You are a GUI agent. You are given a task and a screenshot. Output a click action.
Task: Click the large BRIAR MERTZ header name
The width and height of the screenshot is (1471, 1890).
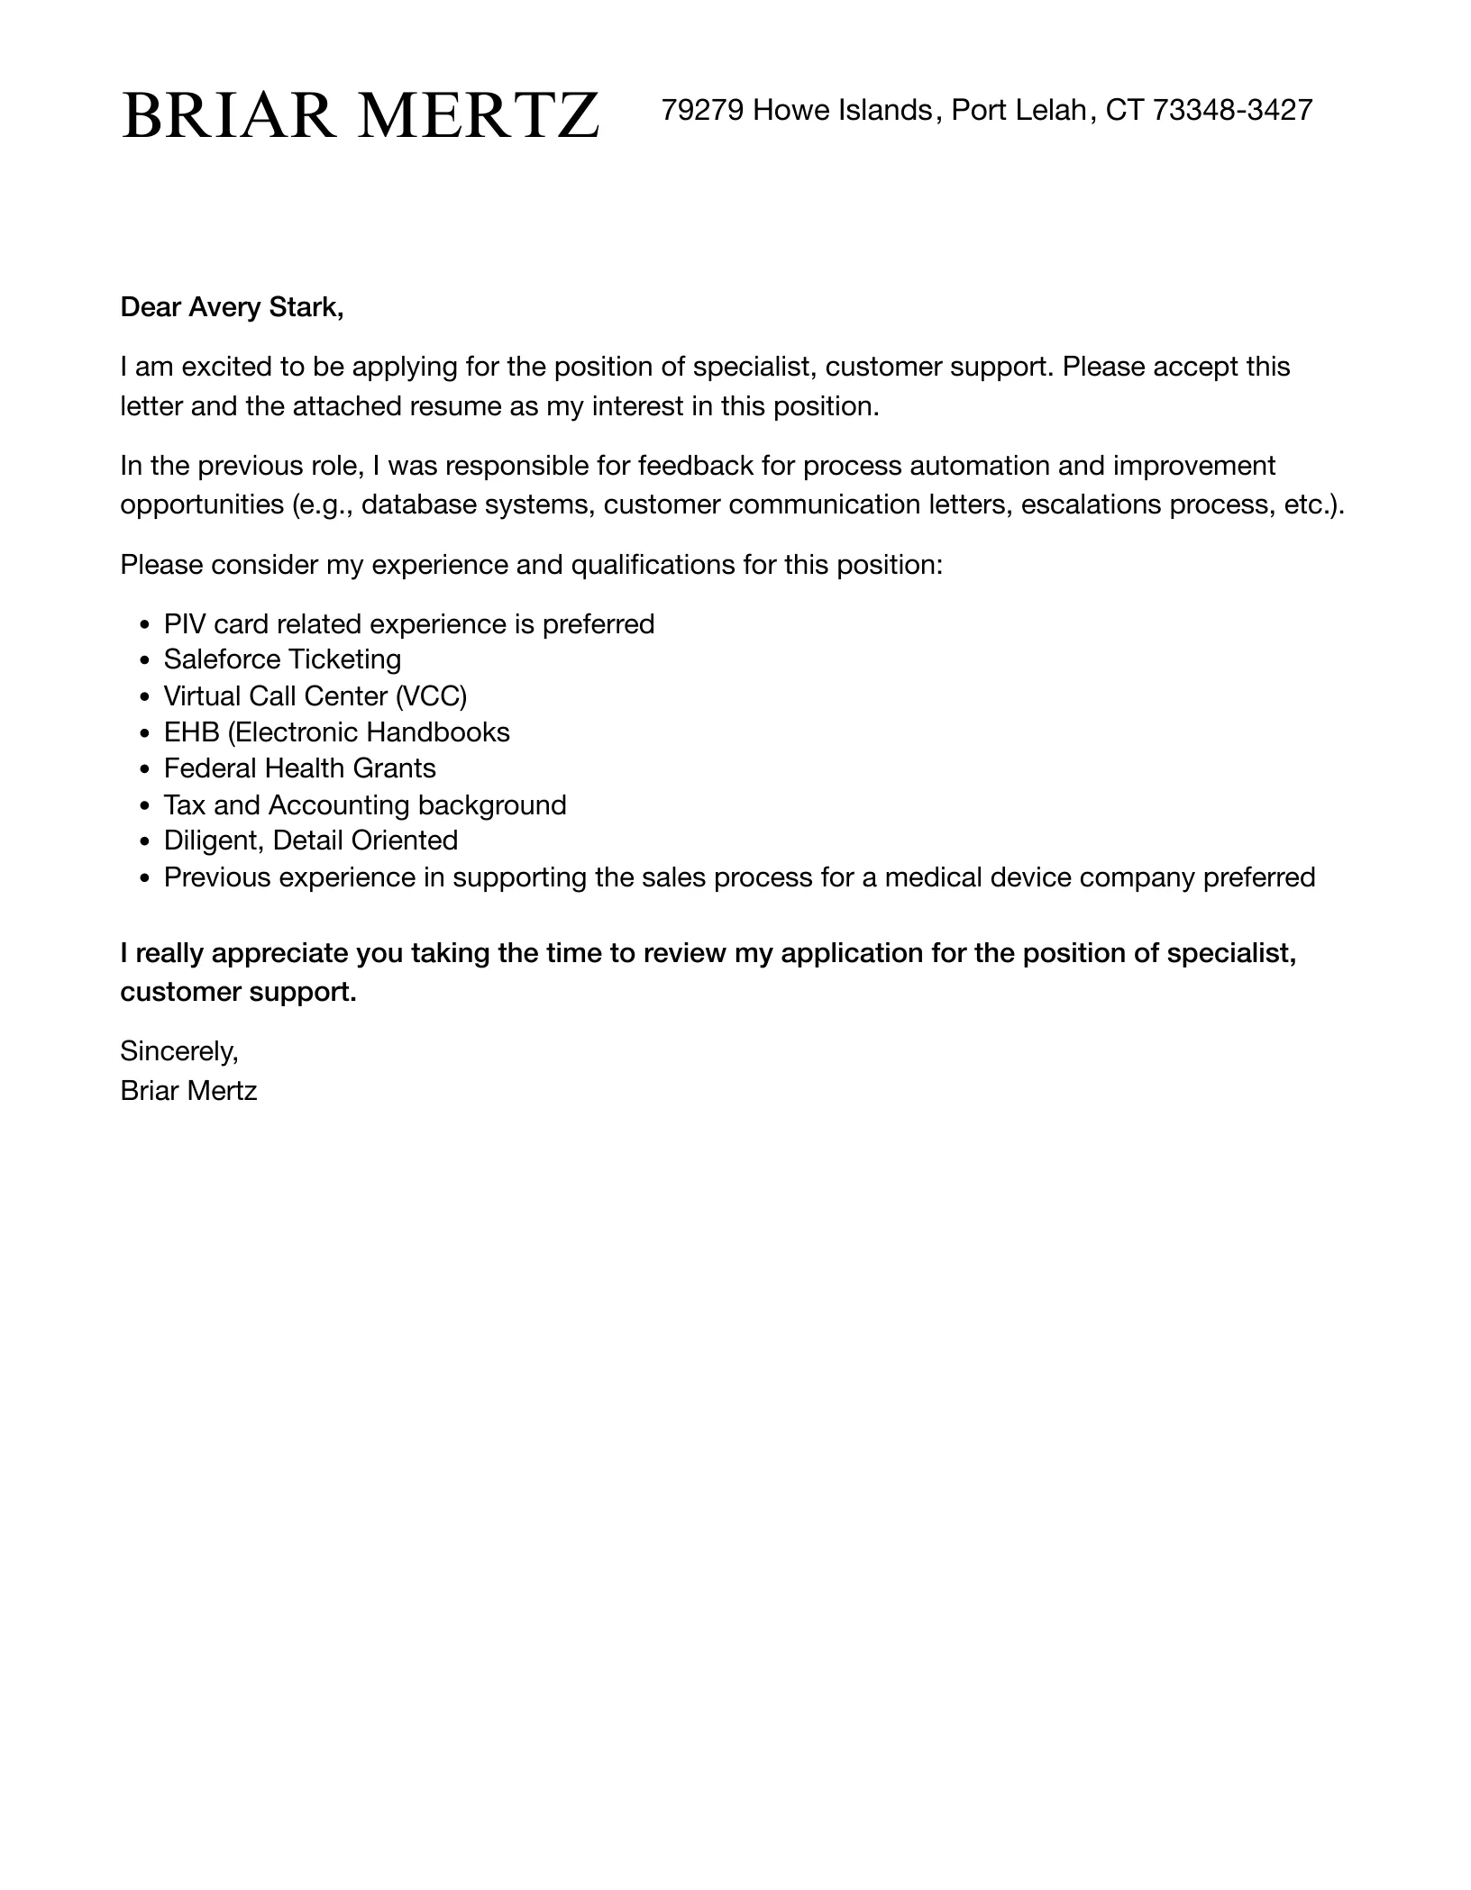tap(360, 115)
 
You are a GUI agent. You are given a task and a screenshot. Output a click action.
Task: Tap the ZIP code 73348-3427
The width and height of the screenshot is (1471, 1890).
tap(1232, 110)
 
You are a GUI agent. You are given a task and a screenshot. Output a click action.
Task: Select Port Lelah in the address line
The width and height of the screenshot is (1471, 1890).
tap(1019, 110)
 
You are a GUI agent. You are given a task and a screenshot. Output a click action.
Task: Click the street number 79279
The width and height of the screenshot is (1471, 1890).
tap(702, 110)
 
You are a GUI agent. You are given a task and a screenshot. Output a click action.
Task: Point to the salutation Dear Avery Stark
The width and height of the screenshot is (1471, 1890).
tap(232, 307)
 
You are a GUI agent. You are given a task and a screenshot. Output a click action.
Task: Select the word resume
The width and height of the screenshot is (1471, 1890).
tap(456, 406)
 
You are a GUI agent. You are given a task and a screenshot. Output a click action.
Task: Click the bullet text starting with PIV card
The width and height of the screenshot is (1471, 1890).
tap(408, 624)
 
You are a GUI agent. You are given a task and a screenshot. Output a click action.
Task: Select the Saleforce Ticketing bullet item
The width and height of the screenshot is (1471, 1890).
tap(282, 659)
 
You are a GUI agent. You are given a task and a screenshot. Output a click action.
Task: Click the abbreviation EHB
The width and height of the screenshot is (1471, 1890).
tap(191, 732)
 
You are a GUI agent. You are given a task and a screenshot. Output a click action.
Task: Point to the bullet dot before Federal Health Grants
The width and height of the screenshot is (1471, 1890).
tap(145, 769)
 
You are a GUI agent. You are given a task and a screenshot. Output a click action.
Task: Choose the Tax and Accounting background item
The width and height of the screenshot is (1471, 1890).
tap(365, 804)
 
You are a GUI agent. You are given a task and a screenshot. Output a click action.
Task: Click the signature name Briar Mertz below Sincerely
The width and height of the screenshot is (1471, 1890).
tap(188, 1091)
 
